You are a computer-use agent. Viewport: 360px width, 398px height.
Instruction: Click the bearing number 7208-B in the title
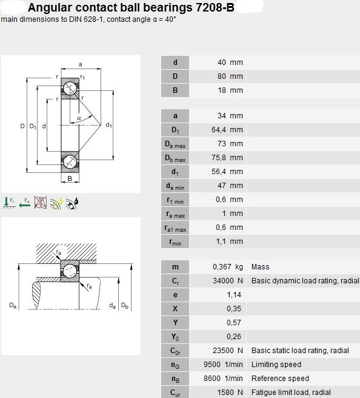215,8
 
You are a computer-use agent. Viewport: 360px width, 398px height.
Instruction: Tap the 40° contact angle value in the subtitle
170,19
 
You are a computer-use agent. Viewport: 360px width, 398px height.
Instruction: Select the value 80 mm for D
230,76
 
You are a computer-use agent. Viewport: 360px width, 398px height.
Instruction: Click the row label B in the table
175,90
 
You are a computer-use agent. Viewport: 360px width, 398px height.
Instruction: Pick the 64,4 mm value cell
227,130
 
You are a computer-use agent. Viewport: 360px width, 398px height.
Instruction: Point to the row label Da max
175,144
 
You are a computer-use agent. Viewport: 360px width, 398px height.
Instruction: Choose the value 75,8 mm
227,158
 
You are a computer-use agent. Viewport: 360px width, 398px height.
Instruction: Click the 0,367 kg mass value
228,267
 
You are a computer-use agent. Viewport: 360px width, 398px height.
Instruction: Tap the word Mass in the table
261,267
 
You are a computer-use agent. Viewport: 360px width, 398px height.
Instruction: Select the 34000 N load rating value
228,281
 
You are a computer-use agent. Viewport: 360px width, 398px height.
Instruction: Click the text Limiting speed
276,365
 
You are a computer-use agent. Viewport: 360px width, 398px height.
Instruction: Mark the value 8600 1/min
224,379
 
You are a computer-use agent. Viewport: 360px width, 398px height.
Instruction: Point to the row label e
175,295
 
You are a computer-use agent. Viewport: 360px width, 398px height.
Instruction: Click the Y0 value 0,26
234,337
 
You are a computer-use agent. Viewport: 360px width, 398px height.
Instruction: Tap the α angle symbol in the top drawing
79,118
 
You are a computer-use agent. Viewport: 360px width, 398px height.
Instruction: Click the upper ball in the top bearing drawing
70,89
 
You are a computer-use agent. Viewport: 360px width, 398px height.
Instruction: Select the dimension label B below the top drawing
70,178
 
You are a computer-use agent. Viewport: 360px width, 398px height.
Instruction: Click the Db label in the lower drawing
125,306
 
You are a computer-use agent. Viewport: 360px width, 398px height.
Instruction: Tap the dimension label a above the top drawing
81,64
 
